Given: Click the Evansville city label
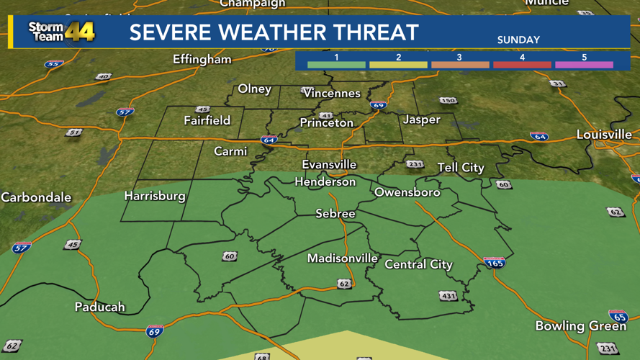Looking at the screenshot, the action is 329,165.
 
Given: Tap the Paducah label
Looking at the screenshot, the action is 100,307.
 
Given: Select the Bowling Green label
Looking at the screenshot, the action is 580,326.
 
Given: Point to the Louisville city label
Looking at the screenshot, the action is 604,135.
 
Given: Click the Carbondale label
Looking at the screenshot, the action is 36,197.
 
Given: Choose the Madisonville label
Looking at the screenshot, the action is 343,258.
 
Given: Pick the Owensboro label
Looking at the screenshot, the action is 407,192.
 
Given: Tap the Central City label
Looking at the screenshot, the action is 418,264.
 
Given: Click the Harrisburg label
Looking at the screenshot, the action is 155,196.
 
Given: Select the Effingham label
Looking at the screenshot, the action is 202,60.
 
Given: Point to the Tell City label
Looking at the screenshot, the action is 461,168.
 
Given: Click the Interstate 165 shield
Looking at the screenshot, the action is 494,262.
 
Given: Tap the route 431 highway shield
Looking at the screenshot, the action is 448,296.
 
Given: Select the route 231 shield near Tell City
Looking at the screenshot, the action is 415,164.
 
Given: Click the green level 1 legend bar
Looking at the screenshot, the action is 336,65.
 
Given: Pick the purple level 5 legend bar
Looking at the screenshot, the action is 584,65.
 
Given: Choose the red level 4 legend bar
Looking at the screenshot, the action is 522,65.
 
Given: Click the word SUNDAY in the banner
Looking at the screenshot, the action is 518,40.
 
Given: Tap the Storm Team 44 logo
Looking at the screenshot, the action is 61,32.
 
